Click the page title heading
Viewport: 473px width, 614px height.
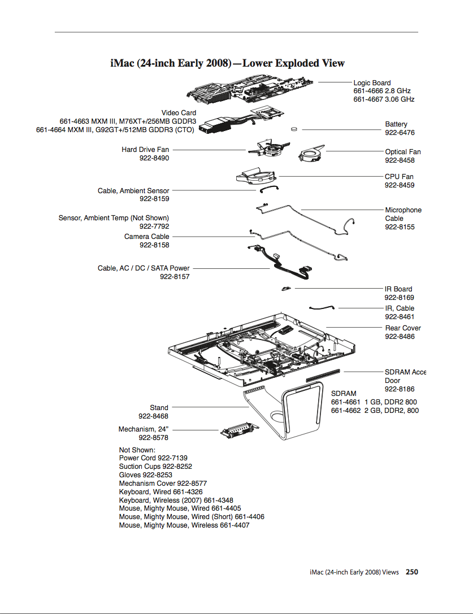coord(227,63)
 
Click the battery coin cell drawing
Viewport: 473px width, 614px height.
coord(294,129)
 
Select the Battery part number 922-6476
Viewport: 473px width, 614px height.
coord(400,133)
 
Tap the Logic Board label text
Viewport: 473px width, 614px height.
coord(372,83)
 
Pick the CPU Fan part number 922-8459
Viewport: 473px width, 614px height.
coord(400,185)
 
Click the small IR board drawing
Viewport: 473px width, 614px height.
coord(286,289)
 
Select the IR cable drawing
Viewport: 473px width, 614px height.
coord(322,307)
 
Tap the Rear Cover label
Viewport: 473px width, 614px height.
coord(403,328)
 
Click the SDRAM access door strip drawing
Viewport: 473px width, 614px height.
coord(323,375)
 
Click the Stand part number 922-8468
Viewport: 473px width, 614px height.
coord(153,416)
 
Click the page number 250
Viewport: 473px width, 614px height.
coord(411,572)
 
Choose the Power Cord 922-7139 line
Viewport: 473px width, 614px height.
coord(153,458)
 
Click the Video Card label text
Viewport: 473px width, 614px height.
coord(179,113)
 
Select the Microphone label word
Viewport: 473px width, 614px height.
coord(403,210)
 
